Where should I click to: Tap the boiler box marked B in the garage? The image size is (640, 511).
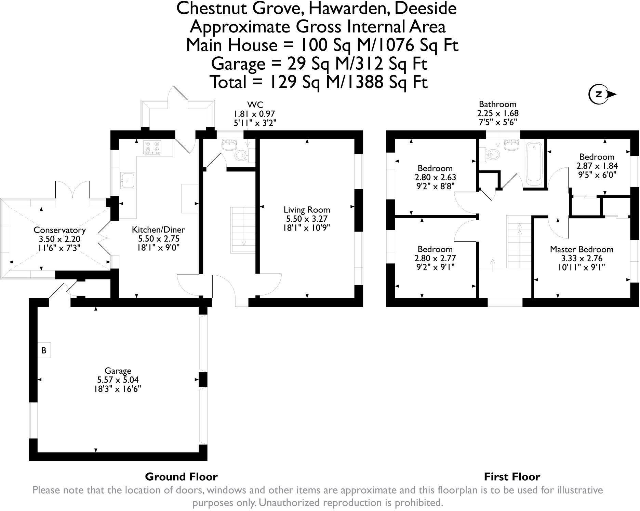click(44, 350)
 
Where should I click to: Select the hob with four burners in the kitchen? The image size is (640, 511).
click(152, 148)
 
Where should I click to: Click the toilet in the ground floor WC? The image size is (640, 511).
click(242, 155)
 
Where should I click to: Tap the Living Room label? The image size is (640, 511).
click(307, 210)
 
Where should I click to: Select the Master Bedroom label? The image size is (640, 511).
click(581, 249)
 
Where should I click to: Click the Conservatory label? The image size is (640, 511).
click(59, 230)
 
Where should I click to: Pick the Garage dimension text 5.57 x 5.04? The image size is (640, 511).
click(118, 380)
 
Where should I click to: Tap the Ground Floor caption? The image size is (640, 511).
click(181, 477)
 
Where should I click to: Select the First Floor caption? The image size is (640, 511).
click(512, 477)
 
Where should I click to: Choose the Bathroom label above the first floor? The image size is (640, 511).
click(497, 104)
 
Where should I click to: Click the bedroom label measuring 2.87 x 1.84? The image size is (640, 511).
click(597, 157)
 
